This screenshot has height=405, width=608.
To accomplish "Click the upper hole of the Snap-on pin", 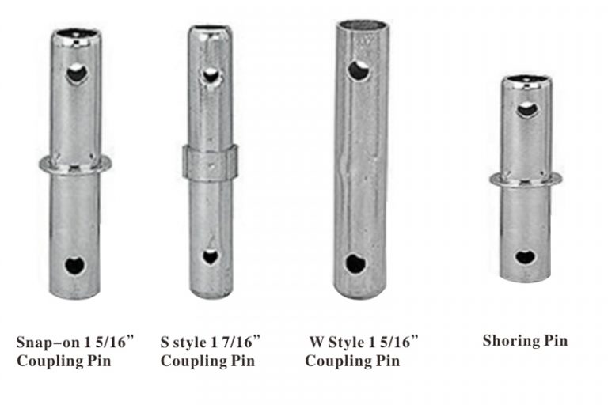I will (x=77, y=75).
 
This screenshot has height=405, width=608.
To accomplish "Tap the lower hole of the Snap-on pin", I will (x=76, y=265).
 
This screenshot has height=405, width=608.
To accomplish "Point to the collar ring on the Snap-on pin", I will (x=75, y=165).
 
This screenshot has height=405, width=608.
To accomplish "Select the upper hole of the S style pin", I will (x=211, y=75).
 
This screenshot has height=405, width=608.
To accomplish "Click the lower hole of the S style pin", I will (x=211, y=256).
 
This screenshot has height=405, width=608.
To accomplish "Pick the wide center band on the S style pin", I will (x=210, y=161).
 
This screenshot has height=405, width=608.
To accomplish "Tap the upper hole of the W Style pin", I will (x=359, y=71).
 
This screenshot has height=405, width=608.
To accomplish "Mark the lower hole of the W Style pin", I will (x=355, y=263).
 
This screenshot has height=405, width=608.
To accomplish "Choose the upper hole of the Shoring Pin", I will (x=527, y=109).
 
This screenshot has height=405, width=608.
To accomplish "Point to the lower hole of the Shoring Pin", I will (x=524, y=256).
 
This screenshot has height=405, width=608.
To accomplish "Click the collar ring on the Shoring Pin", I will (x=526, y=178).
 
